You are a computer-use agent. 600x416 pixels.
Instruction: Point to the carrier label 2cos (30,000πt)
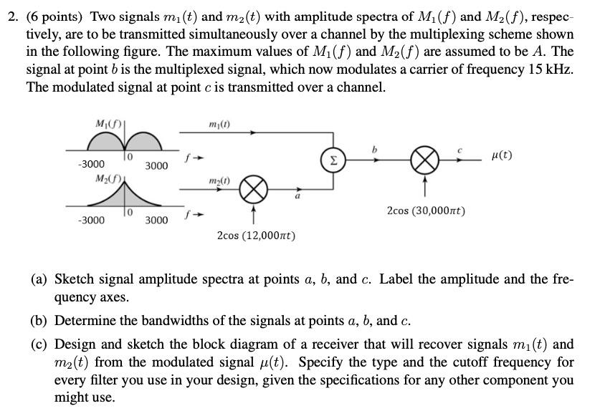tap(426, 211)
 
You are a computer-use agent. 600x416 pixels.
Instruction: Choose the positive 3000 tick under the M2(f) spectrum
tap(156, 220)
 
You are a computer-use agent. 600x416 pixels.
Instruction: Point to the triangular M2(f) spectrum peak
tap(126, 188)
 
